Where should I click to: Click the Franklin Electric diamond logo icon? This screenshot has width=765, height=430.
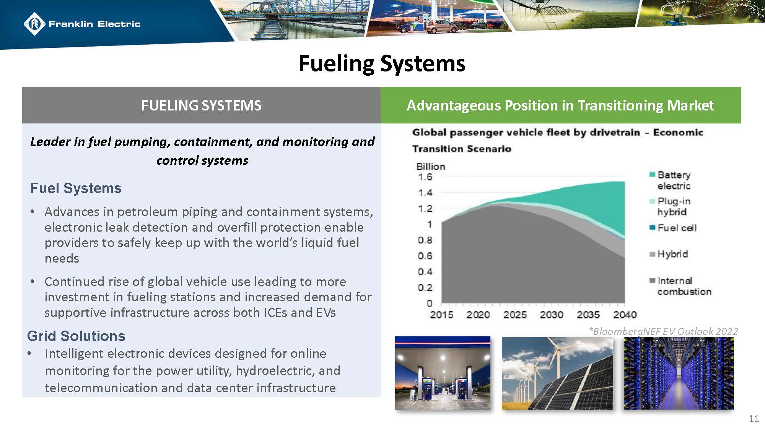[35, 24]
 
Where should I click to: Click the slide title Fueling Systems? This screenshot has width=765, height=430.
[382, 63]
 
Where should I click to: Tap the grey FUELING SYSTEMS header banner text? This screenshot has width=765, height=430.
[201, 105]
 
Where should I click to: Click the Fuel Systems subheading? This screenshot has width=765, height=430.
[76, 188]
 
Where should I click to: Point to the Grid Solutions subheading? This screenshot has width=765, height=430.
[76, 336]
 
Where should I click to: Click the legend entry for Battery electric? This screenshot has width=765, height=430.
[674, 180]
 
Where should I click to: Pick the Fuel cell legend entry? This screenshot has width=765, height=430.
[676, 228]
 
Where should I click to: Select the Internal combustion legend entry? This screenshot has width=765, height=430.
[684, 286]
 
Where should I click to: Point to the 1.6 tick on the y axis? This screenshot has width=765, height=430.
[425, 177]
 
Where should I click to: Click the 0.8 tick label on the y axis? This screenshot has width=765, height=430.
[425, 240]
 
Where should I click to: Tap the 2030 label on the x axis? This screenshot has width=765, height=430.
[551, 315]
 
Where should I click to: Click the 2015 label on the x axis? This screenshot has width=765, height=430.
[441, 315]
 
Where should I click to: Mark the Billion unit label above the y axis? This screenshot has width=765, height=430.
[431, 167]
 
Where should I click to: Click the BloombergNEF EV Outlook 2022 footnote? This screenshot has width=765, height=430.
[663, 331]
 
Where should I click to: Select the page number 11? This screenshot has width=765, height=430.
[754, 419]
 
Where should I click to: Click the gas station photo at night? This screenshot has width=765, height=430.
[443, 373]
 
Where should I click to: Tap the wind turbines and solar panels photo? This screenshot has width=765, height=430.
[557, 373]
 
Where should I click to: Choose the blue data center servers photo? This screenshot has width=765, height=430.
[679, 373]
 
